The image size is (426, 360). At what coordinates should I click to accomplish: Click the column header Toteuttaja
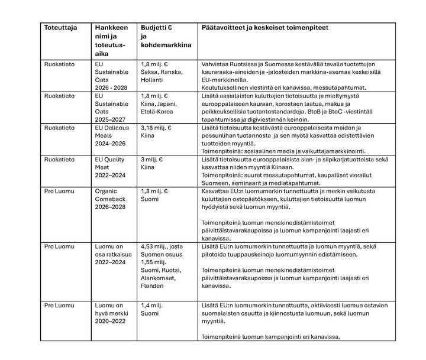click(60, 28)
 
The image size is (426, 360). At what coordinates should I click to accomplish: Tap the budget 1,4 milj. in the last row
click(153, 305)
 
